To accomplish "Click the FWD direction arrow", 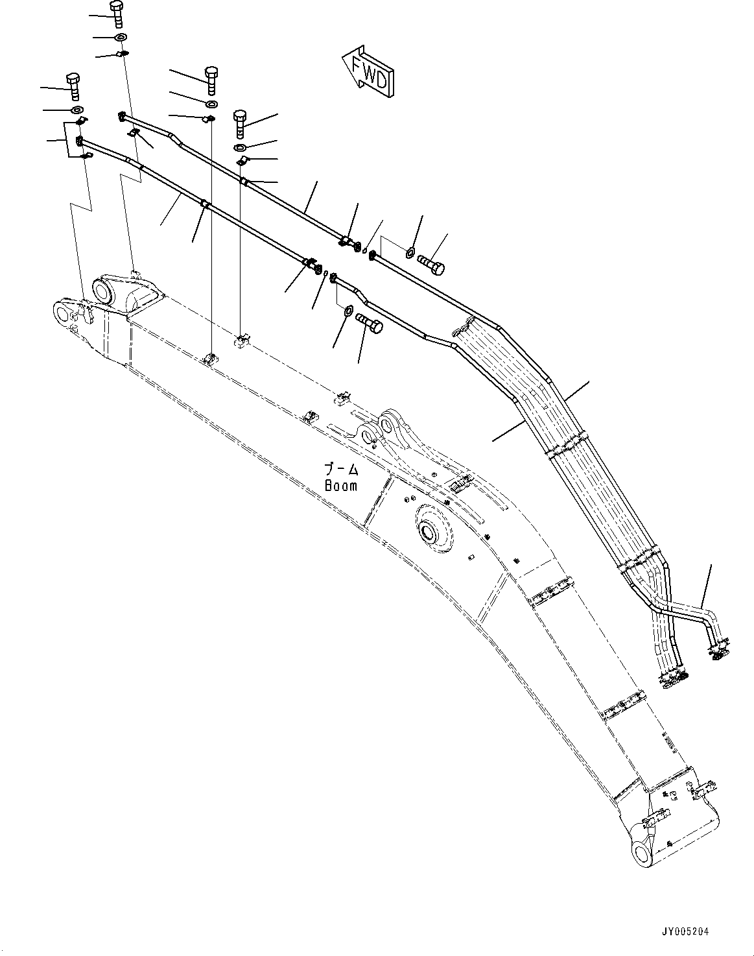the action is point(368,72).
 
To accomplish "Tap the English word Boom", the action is point(340,485).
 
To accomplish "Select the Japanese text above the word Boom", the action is point(341,468).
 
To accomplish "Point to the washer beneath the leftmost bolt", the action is point(75,108).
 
